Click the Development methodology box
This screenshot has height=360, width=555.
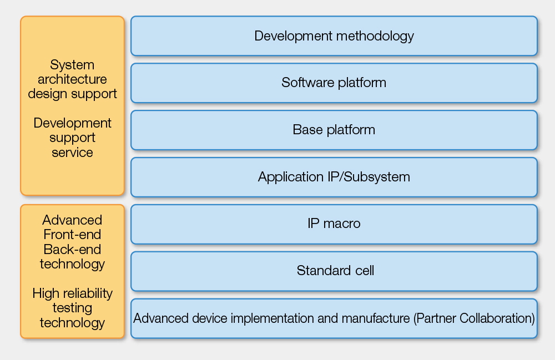pyautogui.click(x=334, y=36)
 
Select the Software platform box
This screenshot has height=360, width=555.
pyautogui.click(x=334, y=83)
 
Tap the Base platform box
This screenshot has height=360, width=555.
pyautogui.click(x=334, y=130)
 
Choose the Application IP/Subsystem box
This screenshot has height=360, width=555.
pyautogui.click(x=334, y=177)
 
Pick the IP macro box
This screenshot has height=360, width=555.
pyautogui.click(x=334, y=224)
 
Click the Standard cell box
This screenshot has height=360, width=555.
pyautogui.click(x=334, y=271)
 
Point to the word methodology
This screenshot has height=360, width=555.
pyautogui.click(x=375, y=37)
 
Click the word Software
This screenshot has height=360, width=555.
pyautogui.click(x=308, y=83)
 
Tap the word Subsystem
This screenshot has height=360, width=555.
pyautogui.click(x=377, y=177)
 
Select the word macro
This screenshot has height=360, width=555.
pyautogui.click(x=341, y=224)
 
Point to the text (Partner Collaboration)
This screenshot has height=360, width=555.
pyautogui.click(x=474, y=318)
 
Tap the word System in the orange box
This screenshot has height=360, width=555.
pyautogui.click(x=72, y=65)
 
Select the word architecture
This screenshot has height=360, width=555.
pyautogui.click(x=72, y=79)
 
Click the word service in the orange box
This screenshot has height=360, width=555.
pyautogui.click(x=72, y=153)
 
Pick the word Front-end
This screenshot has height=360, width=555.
pyautogui.click(x=72, y=235)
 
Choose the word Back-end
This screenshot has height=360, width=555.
pyautogui.click(x=72, y=249)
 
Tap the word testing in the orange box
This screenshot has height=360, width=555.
pyautogui.click(x=72, y=308)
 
